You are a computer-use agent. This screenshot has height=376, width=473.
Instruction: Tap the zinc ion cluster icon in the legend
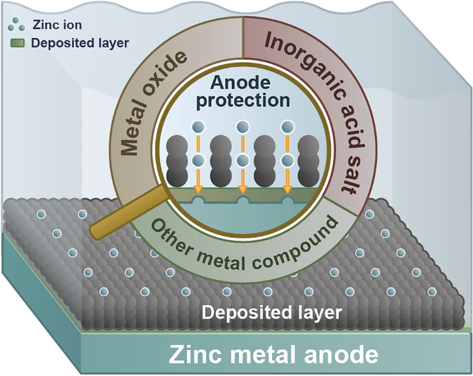(x=15, y=25)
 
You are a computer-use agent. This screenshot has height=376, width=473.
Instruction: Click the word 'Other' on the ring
(x=170, y=232)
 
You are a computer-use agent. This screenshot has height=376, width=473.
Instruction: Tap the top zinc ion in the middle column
(x=242, y=127)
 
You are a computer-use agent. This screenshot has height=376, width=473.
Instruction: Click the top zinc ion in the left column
(x=198, y=127)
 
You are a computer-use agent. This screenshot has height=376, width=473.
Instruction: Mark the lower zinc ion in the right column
(x=287, y=160)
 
